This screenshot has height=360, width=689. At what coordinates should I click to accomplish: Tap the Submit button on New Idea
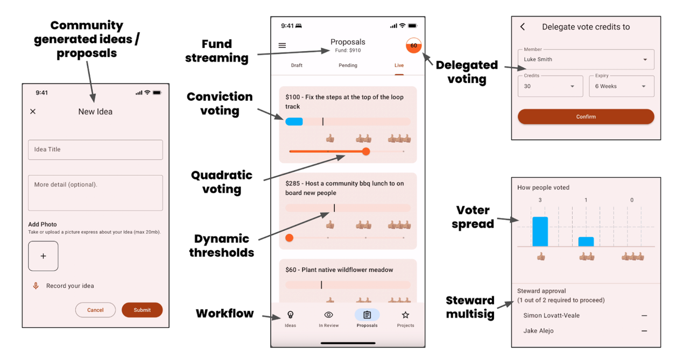(142, 310)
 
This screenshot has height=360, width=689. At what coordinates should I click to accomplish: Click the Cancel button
(95, 310)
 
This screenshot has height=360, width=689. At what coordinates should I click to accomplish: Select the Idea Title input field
(95, 150)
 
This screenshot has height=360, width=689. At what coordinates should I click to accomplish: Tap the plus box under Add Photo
(43, 256)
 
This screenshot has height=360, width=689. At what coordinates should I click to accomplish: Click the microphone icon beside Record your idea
(36, 286)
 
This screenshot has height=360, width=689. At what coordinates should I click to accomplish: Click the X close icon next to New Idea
(33, 111)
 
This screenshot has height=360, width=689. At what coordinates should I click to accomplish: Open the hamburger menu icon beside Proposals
(282, 46)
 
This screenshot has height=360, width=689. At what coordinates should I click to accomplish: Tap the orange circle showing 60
(414, 46)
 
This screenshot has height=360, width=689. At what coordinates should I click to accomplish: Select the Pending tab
(348, 65)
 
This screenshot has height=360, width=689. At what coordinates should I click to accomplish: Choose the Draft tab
(297, 65)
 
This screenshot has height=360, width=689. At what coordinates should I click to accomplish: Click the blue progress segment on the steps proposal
(294, 122)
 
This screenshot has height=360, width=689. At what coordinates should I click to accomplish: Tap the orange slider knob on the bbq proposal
(289, 238)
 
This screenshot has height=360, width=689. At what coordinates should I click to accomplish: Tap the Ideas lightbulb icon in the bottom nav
(290, 315)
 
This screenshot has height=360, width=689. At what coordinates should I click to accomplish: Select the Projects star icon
(405, 315)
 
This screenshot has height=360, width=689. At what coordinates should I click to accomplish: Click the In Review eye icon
(328, 315)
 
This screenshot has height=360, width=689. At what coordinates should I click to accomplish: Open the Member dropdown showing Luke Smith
(586, 59)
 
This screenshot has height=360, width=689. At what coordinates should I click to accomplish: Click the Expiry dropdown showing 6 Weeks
(622, 87)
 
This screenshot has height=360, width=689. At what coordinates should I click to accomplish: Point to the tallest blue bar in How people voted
(540, 231)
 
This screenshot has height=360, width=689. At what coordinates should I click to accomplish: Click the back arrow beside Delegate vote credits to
(523, 27)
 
